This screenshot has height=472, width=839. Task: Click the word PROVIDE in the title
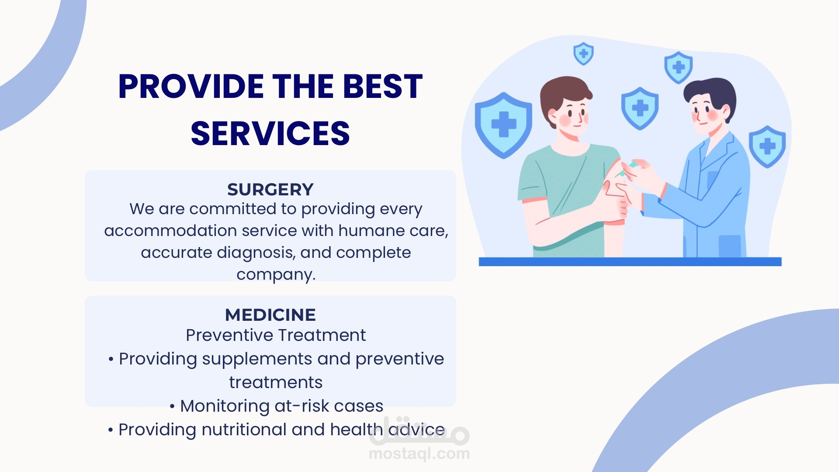[x=191, y=86]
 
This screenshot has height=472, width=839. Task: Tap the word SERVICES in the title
[x=270, y=133]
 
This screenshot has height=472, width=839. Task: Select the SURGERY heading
[x=270, y=189]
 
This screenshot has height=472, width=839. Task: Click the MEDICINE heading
[x=270, y=315]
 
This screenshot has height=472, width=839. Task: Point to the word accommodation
[x=170, y=230]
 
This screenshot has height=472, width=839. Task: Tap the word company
[x=276, y=275]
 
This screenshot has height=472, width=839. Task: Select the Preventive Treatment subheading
[x=276, y=335]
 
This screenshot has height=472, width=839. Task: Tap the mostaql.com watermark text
[x=419, y=454]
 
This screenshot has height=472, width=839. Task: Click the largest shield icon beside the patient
[x=503, y=125]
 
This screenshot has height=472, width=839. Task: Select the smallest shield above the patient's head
[x=583, y=54]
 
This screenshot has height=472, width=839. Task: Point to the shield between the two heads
[x=640, y=108]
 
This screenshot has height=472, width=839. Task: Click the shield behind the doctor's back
[x=767, y=147]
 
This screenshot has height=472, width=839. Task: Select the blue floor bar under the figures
[x=630, y=262]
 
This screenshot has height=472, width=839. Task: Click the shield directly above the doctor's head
[x=678, y=68]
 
